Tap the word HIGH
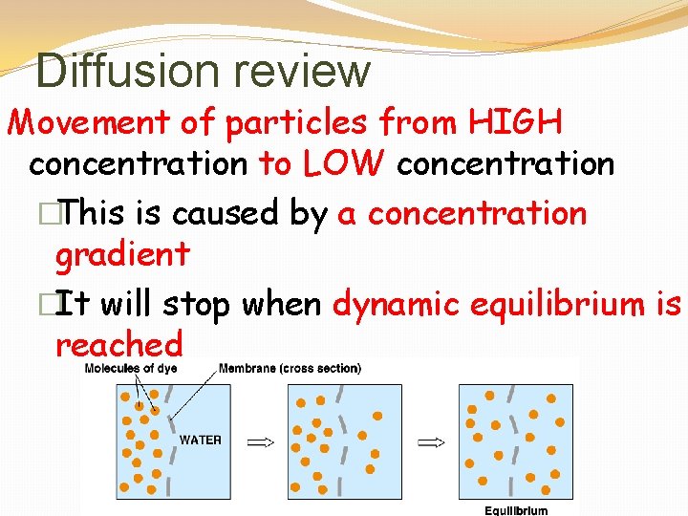click(x=515, y=122)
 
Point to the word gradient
click(x=122, y=254)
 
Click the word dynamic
click(x=398, y=304)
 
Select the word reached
click(x=118, y=343)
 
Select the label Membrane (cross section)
click(x=290, y=368)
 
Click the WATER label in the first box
click(x=201, y=441)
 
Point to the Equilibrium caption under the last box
click(x=516, y=510)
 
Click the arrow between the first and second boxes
click(x=260, y=441)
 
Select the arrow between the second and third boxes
click(x=432, y=441)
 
